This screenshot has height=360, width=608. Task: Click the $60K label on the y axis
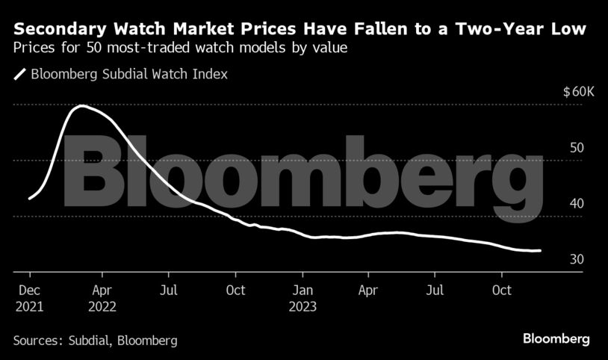pos(578,92)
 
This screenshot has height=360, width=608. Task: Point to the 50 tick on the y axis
pos(576,148)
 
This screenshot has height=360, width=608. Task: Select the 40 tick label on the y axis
pos(576,203)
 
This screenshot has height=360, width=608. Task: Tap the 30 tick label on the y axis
pos(576,258)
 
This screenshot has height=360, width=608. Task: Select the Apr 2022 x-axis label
pos(102,298)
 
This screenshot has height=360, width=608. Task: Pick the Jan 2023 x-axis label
pos(303,298)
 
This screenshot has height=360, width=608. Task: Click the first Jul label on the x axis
pos(170,290)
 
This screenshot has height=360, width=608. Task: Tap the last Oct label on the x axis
pos(503,290)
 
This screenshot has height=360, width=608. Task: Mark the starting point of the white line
pos(29,199)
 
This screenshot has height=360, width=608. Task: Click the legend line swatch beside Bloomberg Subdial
pos(19,74)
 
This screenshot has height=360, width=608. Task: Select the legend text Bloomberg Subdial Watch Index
pos(128,74)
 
